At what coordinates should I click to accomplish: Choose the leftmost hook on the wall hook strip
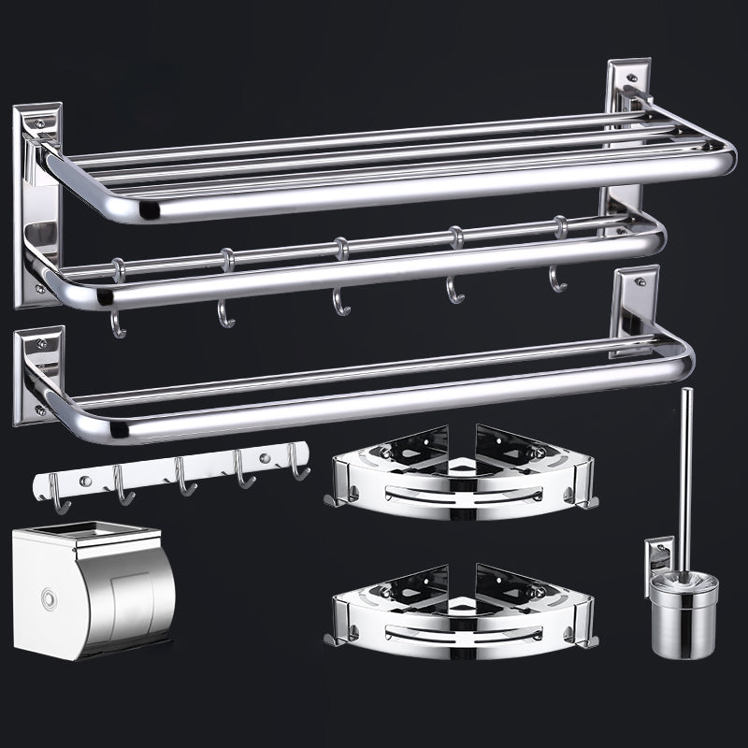[x=58, y=495]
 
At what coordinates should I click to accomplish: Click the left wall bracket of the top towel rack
[x=36, y=206]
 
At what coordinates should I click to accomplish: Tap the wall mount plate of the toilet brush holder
[x=658, y=566]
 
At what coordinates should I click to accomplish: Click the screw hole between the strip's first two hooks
[x=85, y=481]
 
